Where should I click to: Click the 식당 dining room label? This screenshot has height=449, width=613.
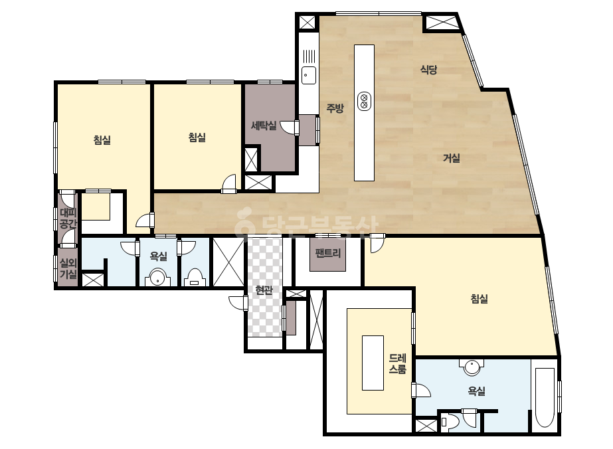click(x=428, y=70)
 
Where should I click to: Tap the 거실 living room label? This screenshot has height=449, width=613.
click(x=451, y=158)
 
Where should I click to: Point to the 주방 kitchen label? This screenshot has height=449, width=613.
click(x=335, y=108)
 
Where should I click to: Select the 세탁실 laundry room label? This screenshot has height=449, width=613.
click(x=264, y=126)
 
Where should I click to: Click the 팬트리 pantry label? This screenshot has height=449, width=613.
click(x=327, y=253)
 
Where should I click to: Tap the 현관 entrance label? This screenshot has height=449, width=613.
click(x=264, y=290)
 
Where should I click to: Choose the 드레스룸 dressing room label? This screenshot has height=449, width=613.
click(x=398, y=364)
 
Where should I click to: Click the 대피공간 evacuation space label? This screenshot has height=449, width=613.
click(x=68, y=219)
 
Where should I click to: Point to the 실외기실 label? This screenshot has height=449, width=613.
click(x=68, y=269)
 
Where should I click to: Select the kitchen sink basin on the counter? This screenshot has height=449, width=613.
click(x=308, y=75)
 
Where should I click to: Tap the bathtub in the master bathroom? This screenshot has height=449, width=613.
click(x=545, y=397)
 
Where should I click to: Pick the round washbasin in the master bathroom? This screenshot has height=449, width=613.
click(x=472, y=368)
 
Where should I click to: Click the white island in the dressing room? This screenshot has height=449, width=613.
click(x=373, y=363)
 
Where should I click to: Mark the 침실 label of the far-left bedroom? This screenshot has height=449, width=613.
click(x=102, y=139)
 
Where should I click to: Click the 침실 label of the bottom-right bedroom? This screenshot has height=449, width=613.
click(x=479, y=299)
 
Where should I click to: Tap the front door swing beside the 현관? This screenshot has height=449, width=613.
click(x=237, y=303)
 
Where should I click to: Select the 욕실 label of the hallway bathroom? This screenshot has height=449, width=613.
click(x=158, y=256)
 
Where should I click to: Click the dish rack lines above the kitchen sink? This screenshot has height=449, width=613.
click(x=309, y=56)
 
